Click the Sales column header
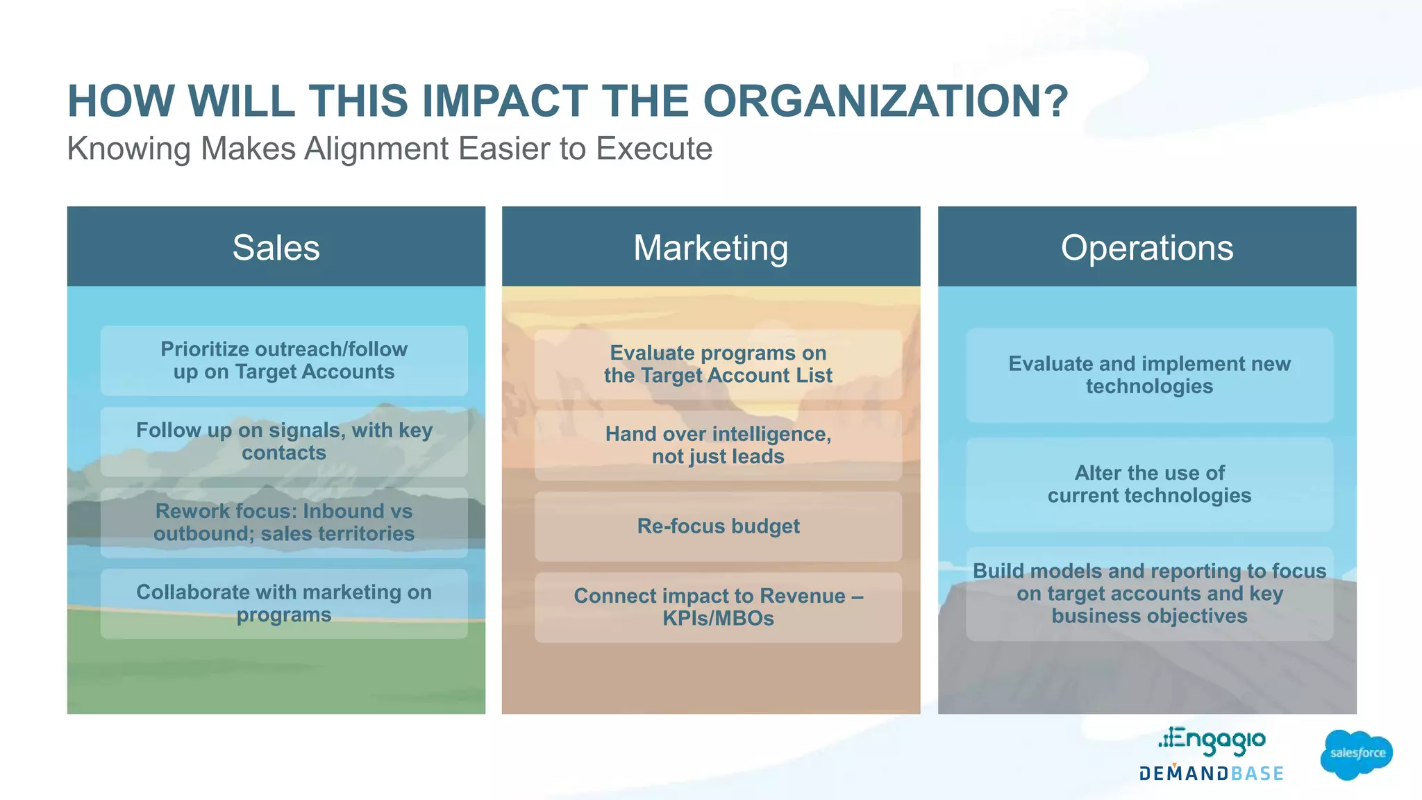click(276, 247)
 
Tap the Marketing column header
click(710, 247)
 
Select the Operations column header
click(1146, 247)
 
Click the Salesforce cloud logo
click(1356, 754)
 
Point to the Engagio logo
click(1212, 740)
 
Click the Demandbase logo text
click(1211, 774)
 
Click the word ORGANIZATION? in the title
click(885, 101)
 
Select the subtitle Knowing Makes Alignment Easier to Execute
click(390, 149)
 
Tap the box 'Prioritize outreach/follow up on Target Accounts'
click(284, 360)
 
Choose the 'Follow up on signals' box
click(284, 442)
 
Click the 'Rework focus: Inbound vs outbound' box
click(284, 522)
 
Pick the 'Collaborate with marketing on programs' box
click(284, 603)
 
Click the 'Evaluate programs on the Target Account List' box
click(718, 365)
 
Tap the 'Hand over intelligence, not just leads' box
click(718, 445)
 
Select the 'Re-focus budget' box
click(718, 526)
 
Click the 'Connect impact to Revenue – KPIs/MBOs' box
click(718, 607)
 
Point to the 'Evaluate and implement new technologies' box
click(1149, 375)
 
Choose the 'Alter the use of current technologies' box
click(1149, 484)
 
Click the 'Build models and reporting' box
click(1149, 594)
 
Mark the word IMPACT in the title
click(505, 101)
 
